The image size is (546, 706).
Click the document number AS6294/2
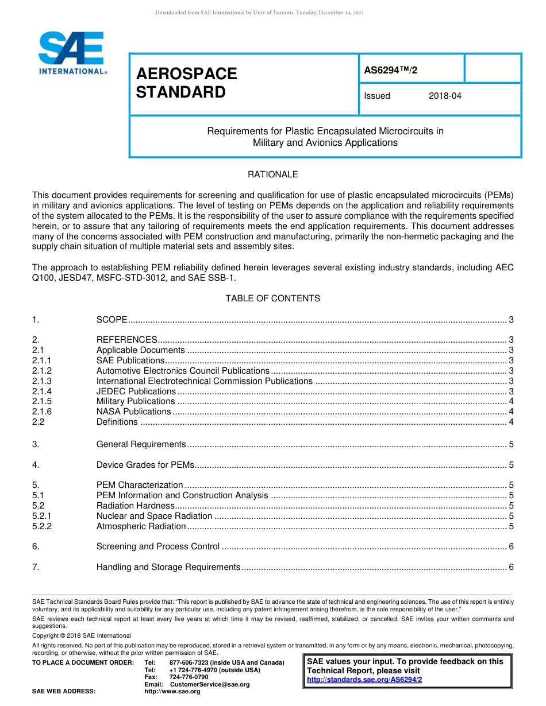pos(390,69)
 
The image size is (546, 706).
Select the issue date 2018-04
pos(445,96)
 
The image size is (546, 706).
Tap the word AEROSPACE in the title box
pos(186,73)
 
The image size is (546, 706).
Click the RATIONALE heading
pos(272,174)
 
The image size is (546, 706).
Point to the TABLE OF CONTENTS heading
pos(272,298)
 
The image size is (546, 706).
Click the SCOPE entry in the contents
pos(111,320)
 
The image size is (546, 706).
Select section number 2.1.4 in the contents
pos(42,391)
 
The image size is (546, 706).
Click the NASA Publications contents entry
pos(133,412)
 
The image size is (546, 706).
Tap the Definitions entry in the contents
pos(117,422)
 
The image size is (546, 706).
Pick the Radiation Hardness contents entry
pos(135,506)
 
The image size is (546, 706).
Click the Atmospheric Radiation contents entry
pos(141,526)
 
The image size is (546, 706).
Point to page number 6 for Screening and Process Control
pos(511,546)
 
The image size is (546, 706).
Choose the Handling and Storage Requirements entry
pos(168,567)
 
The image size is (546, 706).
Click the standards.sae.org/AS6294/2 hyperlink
pos(364,680)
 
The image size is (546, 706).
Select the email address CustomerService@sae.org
pos(210,684)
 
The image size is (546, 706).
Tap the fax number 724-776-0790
pos(189,677)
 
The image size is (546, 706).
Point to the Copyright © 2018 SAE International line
pos(82,635)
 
